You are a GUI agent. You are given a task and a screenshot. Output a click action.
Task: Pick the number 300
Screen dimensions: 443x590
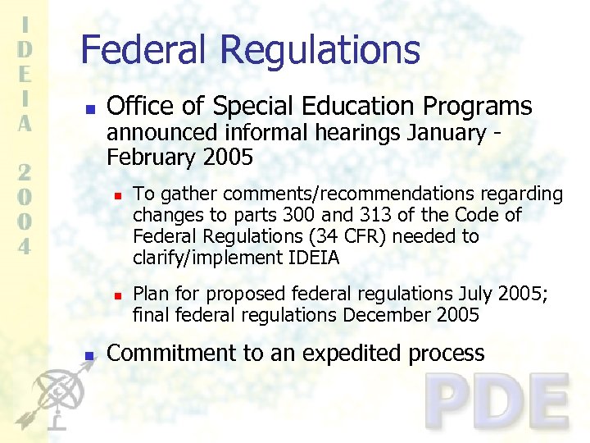[297, 215]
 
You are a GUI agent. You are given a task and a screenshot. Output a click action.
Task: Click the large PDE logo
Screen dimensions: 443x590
[498, 402]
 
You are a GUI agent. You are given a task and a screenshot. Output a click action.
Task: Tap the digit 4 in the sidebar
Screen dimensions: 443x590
[25, 246]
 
